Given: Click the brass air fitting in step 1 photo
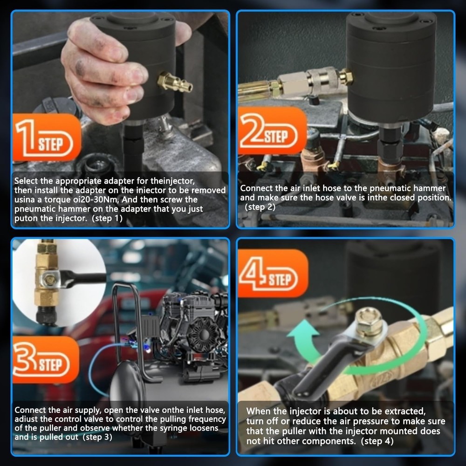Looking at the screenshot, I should (x=174, y=83).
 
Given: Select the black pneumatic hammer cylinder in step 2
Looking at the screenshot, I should (x=391, y=65).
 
